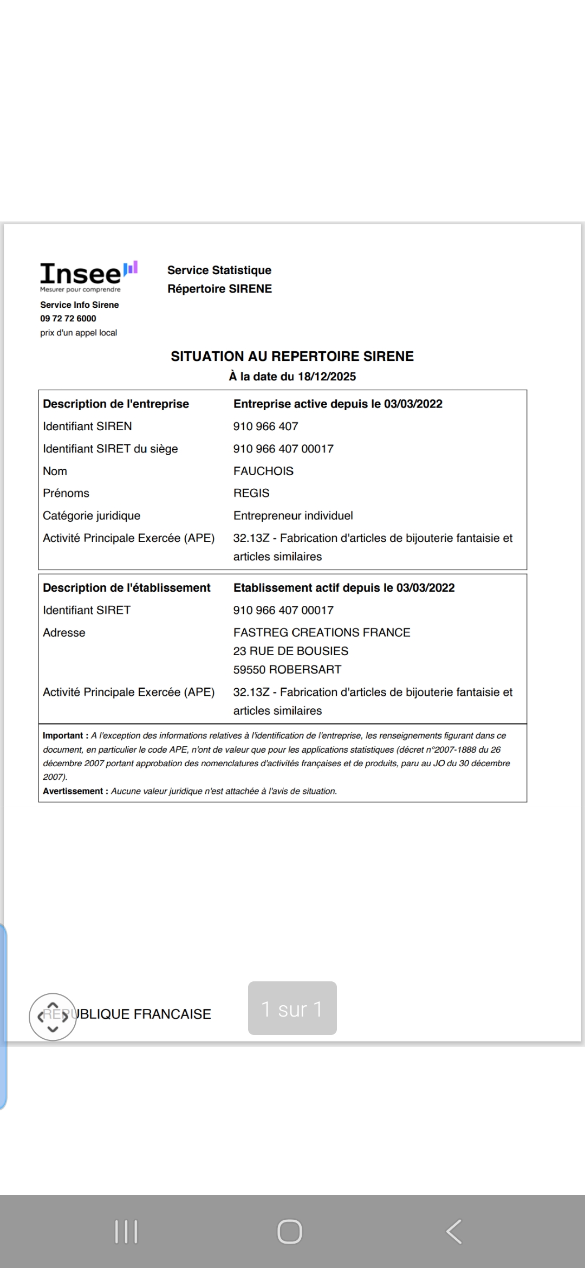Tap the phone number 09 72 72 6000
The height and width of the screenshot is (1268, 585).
[x=68, y=319]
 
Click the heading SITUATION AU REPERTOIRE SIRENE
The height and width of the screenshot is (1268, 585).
[x=292, y=357]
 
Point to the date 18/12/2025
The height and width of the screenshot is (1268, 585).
[x=327, y=377]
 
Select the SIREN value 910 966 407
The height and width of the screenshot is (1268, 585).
[x=265, y=426]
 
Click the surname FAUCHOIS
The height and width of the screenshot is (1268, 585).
[x=263, y=471]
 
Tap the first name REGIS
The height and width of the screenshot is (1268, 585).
[x=251, y=493]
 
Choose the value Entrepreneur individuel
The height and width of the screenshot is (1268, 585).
[x=293, y=516]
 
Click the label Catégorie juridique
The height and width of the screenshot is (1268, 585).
[x=92, y=516]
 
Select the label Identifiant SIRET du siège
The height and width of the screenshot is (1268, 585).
[x=110, y=449]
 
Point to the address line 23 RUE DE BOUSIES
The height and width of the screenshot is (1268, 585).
[x=291, y=651]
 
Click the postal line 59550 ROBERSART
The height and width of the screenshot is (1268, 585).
[x=287, y=670]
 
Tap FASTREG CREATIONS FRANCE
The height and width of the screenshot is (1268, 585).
[x=322, y=632]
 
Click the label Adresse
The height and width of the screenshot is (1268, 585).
[x=64, y=633]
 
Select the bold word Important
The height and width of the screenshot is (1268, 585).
[x=63, y=736]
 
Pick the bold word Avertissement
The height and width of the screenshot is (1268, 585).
[x=73, y=791]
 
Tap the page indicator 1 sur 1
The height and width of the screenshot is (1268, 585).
[x=292, y=1008]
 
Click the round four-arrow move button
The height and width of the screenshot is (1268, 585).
[x=53, y=1017]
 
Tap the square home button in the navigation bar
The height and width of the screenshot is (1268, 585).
[x=290, y=1231]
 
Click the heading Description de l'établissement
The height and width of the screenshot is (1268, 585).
[x=127, y=588]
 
